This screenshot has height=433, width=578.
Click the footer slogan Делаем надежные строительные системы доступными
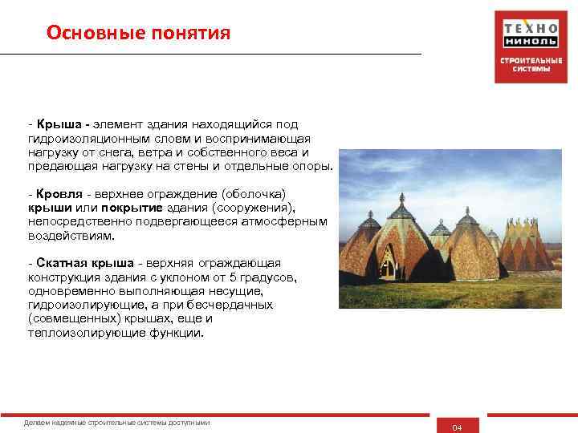tap(117, 422)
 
